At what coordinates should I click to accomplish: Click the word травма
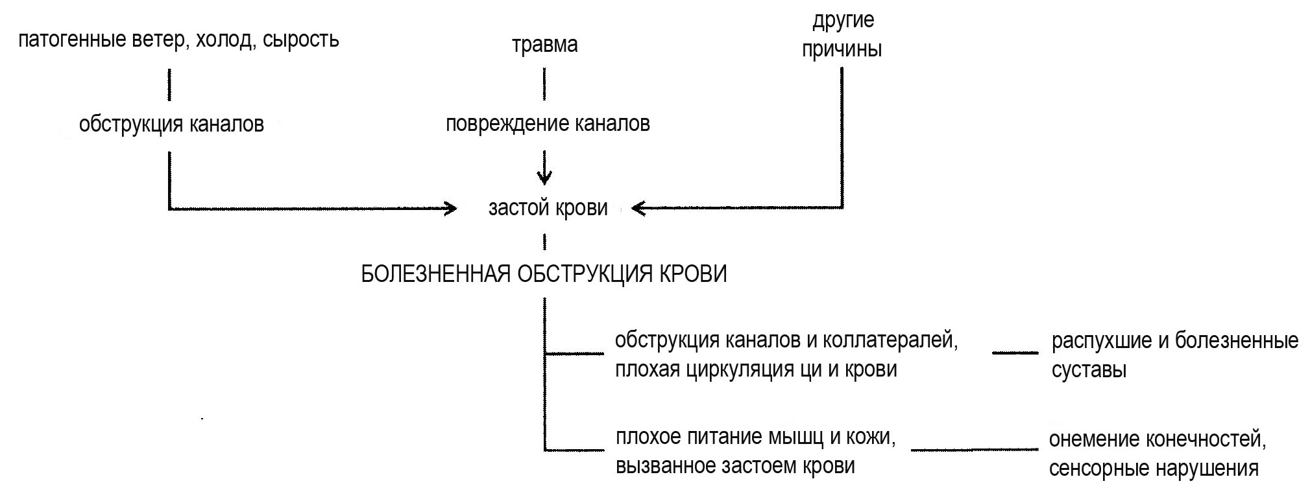point(544,45)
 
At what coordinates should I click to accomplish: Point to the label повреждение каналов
point(548,124)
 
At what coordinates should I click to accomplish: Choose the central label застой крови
point(548,208)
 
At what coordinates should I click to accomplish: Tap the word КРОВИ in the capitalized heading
point(693,274)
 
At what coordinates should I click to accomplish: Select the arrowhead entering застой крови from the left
point(450,208)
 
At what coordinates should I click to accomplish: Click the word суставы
point(1088,370)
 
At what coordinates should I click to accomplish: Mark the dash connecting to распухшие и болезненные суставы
point(1015,353)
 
